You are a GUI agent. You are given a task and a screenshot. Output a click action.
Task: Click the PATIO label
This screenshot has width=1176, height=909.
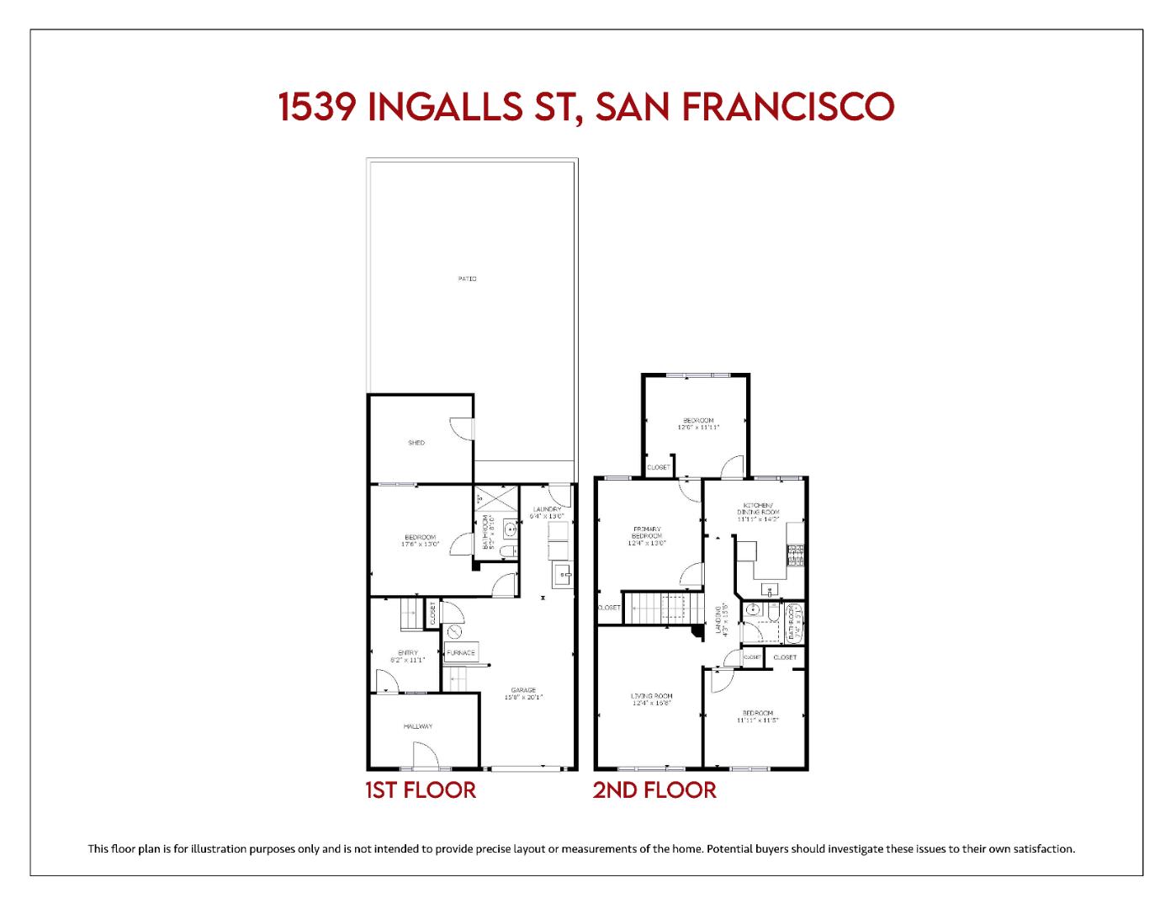pos(467,279)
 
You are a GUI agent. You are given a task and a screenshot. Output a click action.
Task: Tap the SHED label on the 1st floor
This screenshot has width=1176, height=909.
pos(416,443)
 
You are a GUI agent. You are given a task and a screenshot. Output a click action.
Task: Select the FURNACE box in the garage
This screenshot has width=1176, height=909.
pos(461,652)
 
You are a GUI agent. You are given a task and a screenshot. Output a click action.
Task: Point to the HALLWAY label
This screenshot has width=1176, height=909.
pos(417,726)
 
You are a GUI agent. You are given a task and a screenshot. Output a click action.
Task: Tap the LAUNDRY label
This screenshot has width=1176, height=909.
pos(547,509)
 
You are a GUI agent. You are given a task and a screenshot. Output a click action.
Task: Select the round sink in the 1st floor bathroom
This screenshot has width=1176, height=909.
pos(509,529)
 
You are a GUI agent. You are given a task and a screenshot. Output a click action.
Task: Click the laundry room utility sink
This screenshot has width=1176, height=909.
pos(562,577)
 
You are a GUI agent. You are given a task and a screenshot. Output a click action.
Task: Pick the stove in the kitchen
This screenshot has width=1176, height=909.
pos(795,554)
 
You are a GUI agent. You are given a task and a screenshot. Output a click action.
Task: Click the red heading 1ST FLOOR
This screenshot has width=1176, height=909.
pos(421,790)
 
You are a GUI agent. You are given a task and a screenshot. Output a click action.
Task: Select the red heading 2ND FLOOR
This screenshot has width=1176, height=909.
pos(654,790)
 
